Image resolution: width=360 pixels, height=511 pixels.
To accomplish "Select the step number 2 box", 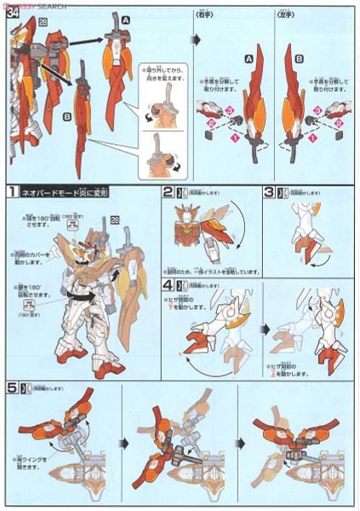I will coord(169,192).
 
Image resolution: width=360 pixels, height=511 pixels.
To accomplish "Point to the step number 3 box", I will coord(267,192).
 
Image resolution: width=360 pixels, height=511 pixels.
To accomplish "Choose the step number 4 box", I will coord(169,284).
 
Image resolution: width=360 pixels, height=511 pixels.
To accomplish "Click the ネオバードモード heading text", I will coord(65,193).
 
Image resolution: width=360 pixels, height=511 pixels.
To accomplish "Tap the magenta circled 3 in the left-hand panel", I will coord(324,111).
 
